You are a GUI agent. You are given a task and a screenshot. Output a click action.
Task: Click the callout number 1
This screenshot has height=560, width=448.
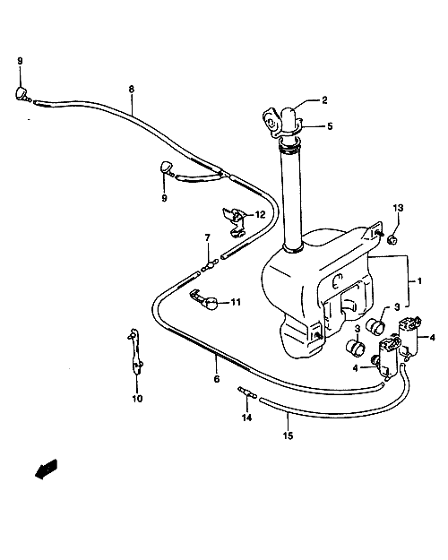click(419, 281)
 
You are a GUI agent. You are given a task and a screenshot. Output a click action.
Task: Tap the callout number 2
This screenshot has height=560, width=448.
click(324, 100)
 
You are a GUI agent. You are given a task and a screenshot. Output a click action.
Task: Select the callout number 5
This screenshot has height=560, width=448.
click(330, 126)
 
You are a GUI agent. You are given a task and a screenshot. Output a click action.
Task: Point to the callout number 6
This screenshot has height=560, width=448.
click(217, 379)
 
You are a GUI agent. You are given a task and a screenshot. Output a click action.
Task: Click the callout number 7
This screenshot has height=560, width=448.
click(208, 237)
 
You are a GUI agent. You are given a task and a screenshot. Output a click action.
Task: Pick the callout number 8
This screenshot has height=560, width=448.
click(132, 89)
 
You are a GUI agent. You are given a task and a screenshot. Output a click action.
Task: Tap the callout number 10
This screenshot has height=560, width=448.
click(137, 399)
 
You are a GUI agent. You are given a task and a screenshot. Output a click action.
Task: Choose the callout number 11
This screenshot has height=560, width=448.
click(236, 303)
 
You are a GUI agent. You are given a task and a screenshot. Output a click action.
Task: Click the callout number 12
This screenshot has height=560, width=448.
click(260, 215)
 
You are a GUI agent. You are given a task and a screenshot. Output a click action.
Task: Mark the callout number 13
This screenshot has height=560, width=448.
click(398, 208)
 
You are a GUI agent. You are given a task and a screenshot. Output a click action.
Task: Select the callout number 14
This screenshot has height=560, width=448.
click(246, 418)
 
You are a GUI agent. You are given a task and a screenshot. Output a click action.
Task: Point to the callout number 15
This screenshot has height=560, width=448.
click(288, 435)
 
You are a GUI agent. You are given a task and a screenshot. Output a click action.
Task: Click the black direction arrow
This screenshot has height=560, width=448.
click(46, 469)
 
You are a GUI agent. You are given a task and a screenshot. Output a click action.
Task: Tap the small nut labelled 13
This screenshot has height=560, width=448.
click(392, 239)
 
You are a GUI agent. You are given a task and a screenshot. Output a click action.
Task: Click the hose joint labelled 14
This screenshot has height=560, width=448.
click(247, 392)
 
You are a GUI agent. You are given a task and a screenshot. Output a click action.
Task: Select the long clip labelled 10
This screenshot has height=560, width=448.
click(135, 351)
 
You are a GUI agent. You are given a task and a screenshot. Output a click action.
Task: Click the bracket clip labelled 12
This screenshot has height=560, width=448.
click(234, 222)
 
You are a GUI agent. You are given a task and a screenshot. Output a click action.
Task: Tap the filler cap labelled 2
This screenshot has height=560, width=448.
click(292, 119)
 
